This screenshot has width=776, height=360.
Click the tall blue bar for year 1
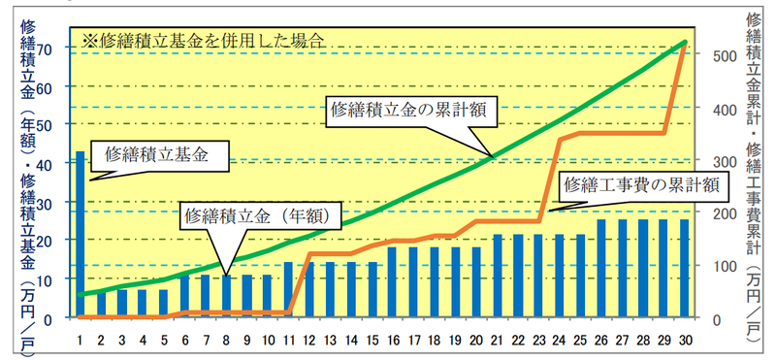pos(81,234)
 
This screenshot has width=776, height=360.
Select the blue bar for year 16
pos(392,281)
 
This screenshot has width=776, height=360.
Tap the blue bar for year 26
pos(601,268)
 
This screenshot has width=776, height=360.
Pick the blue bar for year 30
pos(685,268)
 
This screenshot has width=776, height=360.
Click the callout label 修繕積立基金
pos(156,155)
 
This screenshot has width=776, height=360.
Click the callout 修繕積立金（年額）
pos(260,216)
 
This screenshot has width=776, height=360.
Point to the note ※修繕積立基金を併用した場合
pos(204,40)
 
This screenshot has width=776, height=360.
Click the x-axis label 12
pos(308,341)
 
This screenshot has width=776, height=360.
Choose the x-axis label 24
pos(560,341)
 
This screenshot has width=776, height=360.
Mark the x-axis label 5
pos(164,341)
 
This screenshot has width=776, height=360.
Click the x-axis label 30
pos(685,341)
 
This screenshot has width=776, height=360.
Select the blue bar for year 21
pos(498,276)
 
